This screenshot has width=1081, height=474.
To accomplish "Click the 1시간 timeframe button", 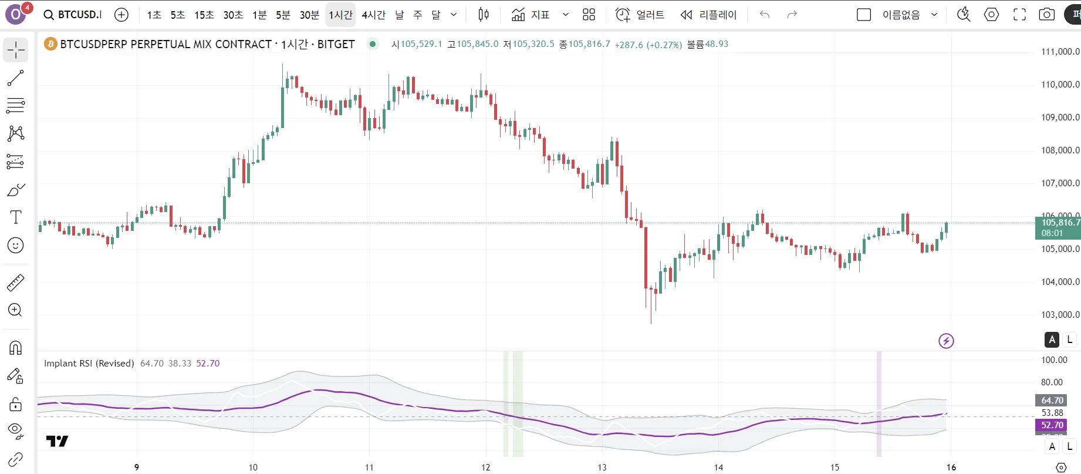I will (x=340, y=15).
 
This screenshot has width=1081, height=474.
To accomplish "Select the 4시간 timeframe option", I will (x=373, y=15).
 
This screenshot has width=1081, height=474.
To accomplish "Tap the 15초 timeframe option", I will (x=204, y=15).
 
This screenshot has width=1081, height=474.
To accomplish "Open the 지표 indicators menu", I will (x=531, y=15).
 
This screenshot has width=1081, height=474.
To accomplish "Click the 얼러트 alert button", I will (x=640, y=15).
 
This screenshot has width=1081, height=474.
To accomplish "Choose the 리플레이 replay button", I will (x=708, y=15).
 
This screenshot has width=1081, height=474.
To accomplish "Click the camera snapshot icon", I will (x=1046, y=15).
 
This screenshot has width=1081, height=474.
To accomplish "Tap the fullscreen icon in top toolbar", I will (x=1019, y=15).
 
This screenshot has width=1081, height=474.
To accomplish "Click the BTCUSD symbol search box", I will (x=73, y=15).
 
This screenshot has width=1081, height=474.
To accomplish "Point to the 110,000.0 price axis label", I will (x=1060, y=85).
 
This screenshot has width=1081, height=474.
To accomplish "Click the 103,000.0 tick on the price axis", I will (x=1060, y=315).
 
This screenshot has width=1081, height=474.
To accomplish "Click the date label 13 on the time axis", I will (x=602, y=468).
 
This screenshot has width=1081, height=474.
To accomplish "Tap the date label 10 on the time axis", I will (x=253, y=468).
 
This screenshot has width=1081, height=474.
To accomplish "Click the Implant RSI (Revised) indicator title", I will (x=89, y=364).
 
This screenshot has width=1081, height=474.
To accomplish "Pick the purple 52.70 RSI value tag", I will (x=1051, y=425).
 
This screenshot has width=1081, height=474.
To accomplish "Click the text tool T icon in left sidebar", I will (x=16, y=217).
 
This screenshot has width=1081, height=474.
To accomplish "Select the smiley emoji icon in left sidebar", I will (x=16, y=246).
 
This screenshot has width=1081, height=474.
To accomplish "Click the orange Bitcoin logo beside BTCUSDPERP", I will (x=50, y=44).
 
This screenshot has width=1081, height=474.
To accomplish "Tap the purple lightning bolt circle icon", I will (x=946, y=341).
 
